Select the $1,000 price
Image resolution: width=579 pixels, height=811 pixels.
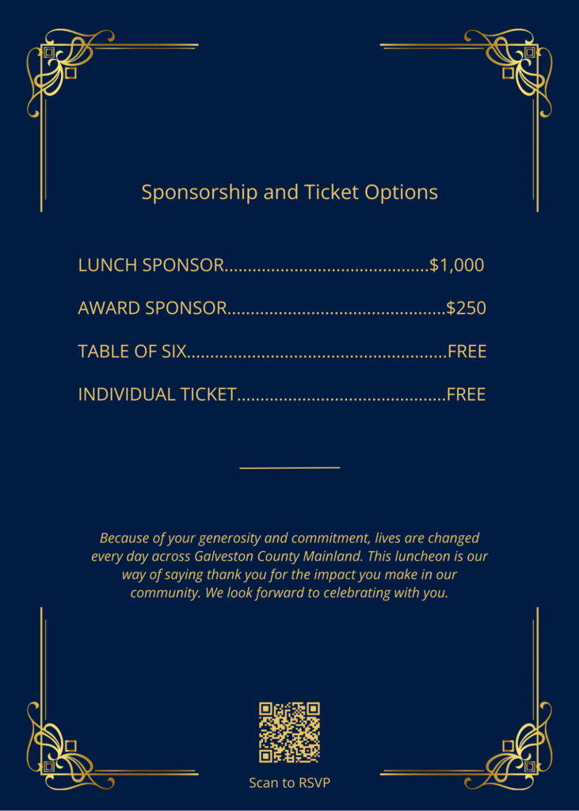pos(456,265)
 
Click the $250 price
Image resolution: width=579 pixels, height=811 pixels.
pos(466,308)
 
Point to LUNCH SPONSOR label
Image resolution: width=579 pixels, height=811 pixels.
pos(150,265)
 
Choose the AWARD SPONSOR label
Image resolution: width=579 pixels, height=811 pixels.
pos(152,308)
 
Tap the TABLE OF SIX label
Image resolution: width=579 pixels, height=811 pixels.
pos(131,351)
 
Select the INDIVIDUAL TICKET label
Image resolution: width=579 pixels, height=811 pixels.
pos(157,394)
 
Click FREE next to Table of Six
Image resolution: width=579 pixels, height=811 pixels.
pos(467,351)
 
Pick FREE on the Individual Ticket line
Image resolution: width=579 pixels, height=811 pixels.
pos(466,394)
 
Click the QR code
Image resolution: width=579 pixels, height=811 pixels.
pos(289,732)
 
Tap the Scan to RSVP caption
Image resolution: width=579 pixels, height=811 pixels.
pos(289,783)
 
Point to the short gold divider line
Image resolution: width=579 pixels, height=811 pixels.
pos(289,467)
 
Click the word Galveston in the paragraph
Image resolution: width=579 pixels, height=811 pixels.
pos(225,556)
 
